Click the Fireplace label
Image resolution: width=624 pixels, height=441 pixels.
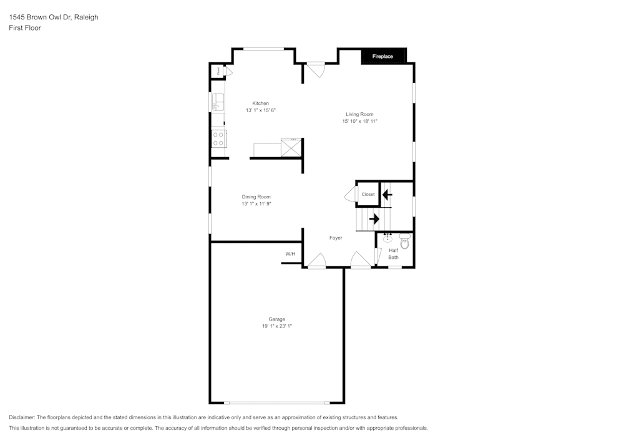click(383, 57)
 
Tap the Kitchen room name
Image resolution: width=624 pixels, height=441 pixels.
click(260, 103)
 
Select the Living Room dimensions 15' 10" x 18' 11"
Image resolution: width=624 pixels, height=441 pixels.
click(359, 122)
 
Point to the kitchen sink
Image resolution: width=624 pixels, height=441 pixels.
click(217, 102)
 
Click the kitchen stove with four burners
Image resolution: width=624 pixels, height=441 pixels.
click(218, 138)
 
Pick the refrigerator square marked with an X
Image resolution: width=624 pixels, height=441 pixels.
click(290, 148)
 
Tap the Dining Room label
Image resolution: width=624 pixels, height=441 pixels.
click(256, 196)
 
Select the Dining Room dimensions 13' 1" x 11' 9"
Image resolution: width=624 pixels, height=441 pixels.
click(256, 204)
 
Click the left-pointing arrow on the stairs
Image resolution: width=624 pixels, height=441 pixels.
click(387, 195)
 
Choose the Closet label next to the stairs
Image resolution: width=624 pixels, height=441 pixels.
click(368, 194)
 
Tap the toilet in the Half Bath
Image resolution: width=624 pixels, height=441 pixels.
click(404, 241)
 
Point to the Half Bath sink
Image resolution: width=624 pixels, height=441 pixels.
click(388, 238)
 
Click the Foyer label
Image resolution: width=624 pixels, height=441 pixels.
click(336, 238)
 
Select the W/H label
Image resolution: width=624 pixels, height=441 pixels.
click(290, 254)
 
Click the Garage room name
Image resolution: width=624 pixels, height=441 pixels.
click(276, 319)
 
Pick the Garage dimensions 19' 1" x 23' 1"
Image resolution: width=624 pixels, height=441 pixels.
click(276, 326)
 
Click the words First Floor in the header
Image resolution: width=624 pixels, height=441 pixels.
click(25, 28)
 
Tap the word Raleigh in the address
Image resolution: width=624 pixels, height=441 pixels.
click(86, 17)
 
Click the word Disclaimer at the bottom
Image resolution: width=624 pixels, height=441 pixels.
click(21, 417)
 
